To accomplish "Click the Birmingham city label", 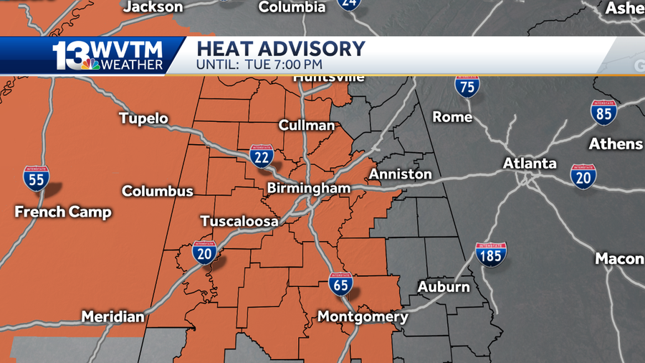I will pyautogui.click(x=308, y=189).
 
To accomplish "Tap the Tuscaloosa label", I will pyautogui.click(x=239, y=222).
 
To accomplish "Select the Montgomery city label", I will pyautogui.click(x=363, y=316).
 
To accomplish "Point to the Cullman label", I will pyautogui.click(x=307, y=126).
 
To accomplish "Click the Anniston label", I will pyautogui.click(x=400, y=174).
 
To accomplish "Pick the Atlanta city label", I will pyautogui.click(x=530, y=164).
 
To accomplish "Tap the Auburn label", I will pyautogui.click(x=444, y=287).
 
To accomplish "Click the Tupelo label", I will pyautogui.click(x=143, y=118).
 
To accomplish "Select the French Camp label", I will pyautogui.click(x=64, y=212).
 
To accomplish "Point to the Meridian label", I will pyautogui.click(x=113, y=316).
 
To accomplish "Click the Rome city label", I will pyautogui.click(x=453, y=117).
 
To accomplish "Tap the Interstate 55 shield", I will pyautogui.click(x=37, y=177).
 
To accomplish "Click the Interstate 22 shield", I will pyautogui.click(x=262, y=156).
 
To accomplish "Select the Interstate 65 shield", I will pyautogui.click(x=341, y=284).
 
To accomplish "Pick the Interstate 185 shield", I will pyautogui.click(x=491, y=254).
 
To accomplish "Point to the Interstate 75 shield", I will pyautogui.click(x=467, y=87).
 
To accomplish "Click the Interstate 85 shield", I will pyautogui.click(x=604, y=112).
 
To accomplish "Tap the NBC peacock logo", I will pyautogui.click(x=90, y=65).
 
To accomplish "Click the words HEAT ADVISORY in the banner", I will pyautogui.click(x=281, y=49).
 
